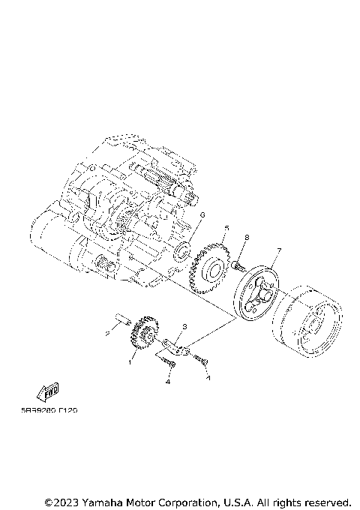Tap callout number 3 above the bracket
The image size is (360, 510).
185,328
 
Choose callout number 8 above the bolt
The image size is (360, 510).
245,238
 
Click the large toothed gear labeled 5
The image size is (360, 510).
212,270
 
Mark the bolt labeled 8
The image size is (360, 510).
237,264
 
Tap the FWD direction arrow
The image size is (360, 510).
50,391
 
